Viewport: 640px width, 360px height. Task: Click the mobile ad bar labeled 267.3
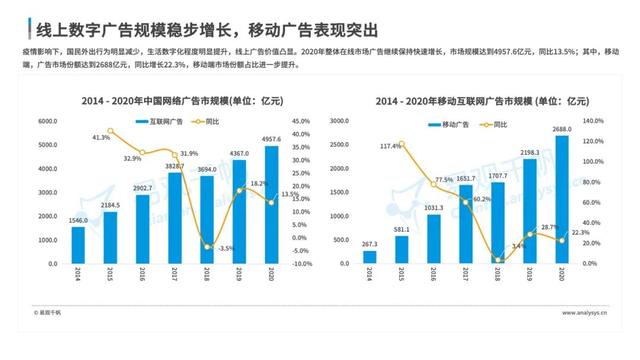point(369,257)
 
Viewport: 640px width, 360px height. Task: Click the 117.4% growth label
point(391,146)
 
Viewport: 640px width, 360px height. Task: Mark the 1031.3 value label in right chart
point(433,208)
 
